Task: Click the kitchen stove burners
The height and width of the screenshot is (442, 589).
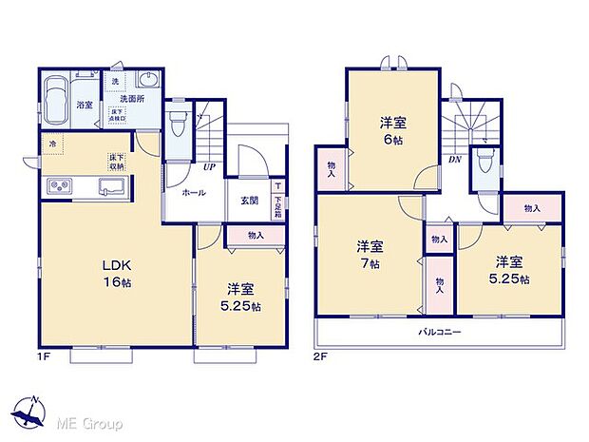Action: pyautogui.click(x=55, y=185)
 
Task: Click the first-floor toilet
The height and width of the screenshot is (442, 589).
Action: pyautogui.click(x=177, y=123)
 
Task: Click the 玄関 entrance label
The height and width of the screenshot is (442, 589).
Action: pyautogui.click(x=249, y=199)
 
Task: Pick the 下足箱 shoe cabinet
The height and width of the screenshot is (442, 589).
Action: pyautogui.click(x=277, y=202)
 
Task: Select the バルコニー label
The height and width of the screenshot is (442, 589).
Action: pyautogui.click(x=438, y=333)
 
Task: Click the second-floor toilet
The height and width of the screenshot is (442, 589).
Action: pyautogui.click(x=485, y=163)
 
